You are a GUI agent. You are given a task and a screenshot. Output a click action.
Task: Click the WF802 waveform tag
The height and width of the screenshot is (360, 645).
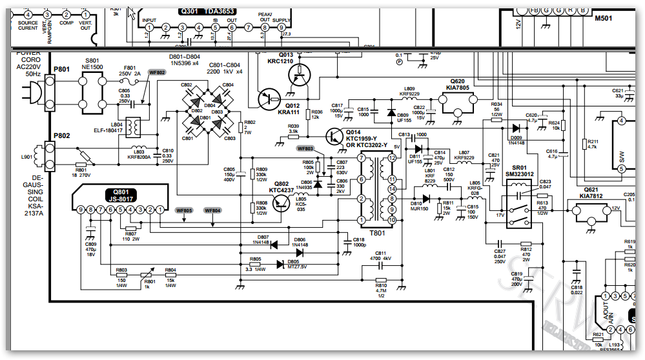[157, 73]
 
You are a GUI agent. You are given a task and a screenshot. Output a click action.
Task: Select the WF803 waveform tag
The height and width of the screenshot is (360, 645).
[305, 148]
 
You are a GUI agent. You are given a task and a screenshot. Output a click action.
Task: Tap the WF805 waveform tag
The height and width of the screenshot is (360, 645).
[184, 210]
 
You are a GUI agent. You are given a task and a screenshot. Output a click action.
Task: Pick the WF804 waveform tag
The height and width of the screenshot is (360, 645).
[212, 210]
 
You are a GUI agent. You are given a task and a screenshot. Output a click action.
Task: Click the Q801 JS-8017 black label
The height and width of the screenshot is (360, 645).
[121, 196]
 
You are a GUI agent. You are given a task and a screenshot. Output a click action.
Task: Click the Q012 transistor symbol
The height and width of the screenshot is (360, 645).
[267, 98]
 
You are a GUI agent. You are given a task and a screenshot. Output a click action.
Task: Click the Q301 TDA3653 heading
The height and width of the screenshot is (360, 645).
[207, 11]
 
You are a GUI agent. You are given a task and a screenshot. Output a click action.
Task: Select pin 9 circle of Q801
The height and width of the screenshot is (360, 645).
[81, 210]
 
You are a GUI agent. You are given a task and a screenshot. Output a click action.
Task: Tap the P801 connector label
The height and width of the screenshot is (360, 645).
[62, 68]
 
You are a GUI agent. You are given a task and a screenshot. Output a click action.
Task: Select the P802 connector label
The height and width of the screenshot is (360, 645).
[62, 135]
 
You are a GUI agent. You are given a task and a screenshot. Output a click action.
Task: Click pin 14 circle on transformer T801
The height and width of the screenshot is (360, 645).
[392, 189]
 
